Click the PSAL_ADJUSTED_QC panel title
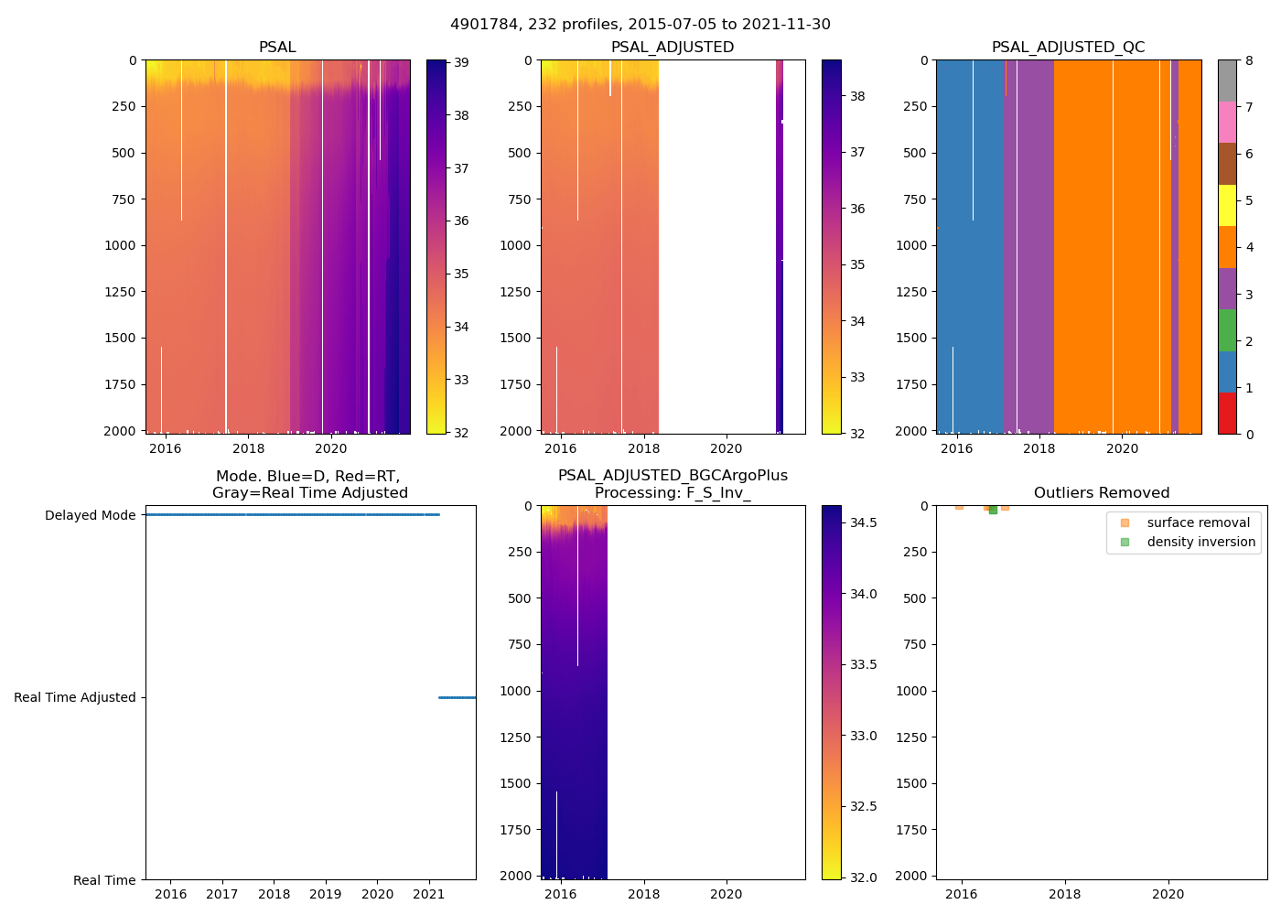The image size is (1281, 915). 1068,48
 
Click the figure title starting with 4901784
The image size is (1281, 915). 640,25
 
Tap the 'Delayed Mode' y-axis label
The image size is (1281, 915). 90,515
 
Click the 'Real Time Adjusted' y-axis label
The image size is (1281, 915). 75,697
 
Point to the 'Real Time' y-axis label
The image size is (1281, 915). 104,880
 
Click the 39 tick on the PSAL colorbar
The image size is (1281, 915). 461,62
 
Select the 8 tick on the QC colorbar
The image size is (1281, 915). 1249,61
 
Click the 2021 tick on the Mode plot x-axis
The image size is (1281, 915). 429,894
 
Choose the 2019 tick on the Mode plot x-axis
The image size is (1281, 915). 326,894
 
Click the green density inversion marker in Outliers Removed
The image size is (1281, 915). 993,510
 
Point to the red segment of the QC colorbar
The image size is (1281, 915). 1227,414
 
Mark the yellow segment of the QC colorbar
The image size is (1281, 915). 1227,205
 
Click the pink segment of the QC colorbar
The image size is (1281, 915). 1227,122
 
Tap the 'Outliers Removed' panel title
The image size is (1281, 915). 1102,493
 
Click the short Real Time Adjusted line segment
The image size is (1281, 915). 457,697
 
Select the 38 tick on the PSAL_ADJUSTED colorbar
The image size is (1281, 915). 857,96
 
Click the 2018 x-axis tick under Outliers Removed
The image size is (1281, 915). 1064,894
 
